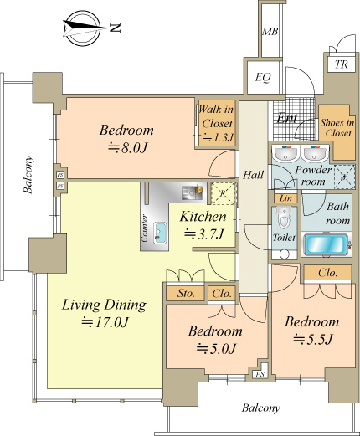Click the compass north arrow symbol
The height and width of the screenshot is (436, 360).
83,28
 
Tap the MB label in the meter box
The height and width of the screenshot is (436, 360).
270,32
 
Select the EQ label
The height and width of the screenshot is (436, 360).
263,77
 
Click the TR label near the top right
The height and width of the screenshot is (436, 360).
342,64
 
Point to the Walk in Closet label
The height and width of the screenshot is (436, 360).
217,123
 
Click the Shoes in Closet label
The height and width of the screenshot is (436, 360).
337,128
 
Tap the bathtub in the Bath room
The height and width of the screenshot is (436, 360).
326,245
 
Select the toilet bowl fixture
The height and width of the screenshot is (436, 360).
284,218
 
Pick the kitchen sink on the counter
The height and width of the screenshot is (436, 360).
160,233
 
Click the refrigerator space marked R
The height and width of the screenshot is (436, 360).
223,193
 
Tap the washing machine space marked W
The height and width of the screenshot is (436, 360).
344,177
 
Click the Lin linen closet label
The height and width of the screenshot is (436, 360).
285,198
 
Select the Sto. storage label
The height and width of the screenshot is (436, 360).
186,294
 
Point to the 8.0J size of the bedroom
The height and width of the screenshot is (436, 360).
127,148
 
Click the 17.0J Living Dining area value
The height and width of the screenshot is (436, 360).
105,322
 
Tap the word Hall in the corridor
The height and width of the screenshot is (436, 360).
253,175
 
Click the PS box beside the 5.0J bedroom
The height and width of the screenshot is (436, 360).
260,374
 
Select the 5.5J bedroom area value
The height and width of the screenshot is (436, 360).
313,339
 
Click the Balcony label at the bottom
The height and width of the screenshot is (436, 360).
260,408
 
